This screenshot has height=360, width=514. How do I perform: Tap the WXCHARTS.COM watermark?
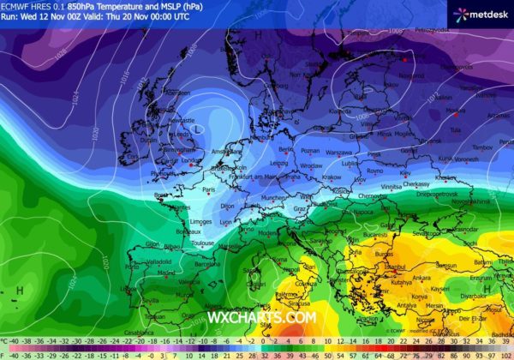(261, 317)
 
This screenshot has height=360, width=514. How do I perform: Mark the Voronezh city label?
(466, 159)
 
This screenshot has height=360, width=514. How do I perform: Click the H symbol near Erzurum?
(487, 289)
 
